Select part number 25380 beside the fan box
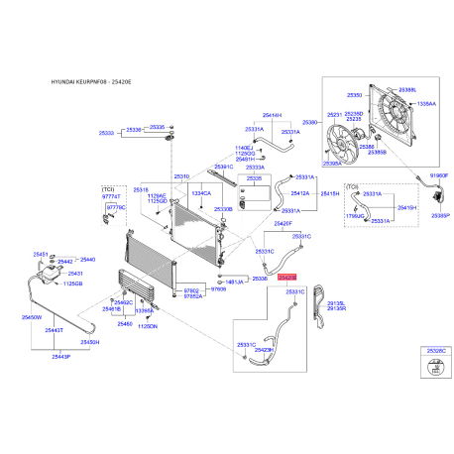(309, 123)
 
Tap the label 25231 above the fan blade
(333, 115)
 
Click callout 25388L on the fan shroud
(406, 89)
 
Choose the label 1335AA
(425, 102)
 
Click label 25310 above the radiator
(181, 176)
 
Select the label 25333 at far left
(107, 131)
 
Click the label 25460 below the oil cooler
(125, 324)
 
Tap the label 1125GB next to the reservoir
(72, 284)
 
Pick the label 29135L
(335, 303)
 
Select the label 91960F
(438, 175)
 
